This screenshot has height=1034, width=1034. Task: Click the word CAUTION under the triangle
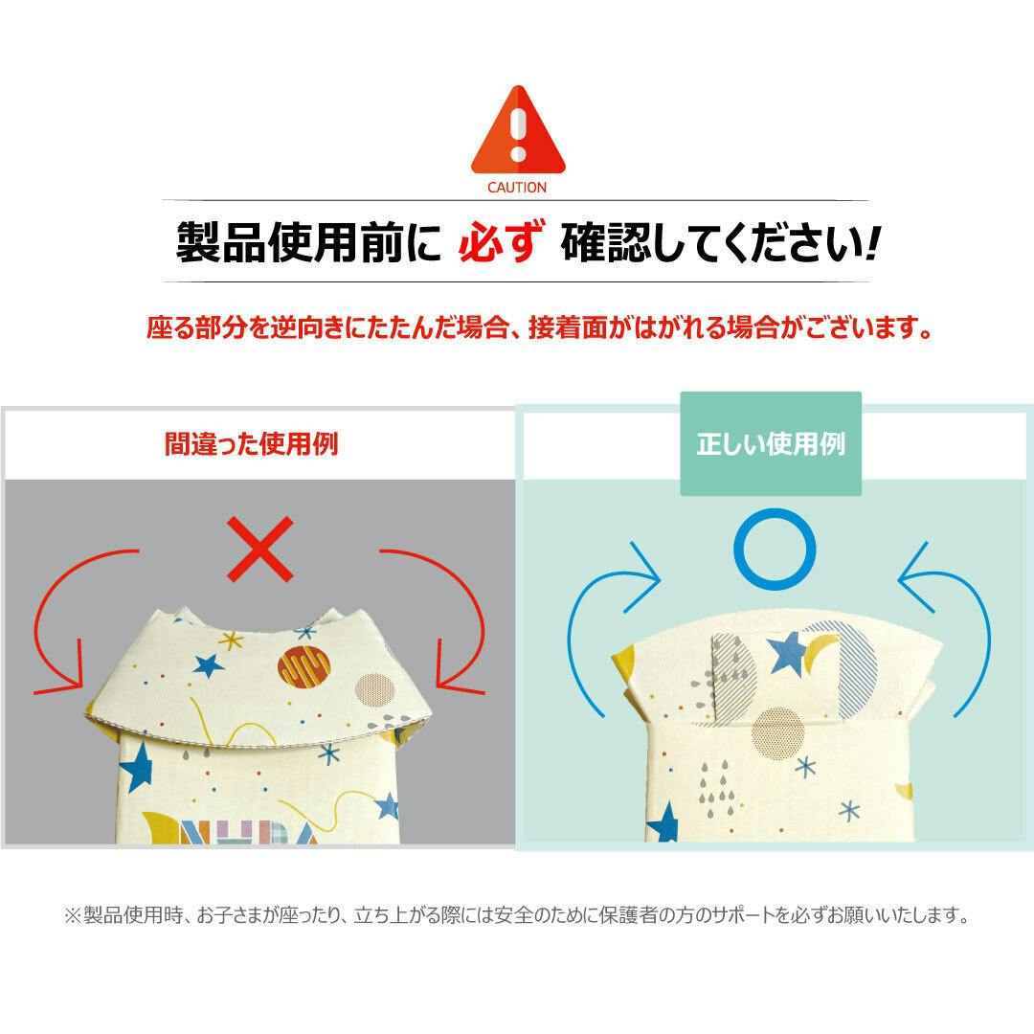point(517,188)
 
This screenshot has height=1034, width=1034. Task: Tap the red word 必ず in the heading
point(501,242)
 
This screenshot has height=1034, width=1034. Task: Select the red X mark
point(259,550)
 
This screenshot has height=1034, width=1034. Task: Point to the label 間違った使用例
point(251,444)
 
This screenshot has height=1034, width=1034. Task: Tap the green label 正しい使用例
point(771,444)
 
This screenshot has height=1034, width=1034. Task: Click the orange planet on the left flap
point(303,666)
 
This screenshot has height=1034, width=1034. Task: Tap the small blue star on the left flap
point(209,666)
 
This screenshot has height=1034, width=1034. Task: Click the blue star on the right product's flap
point(787,653)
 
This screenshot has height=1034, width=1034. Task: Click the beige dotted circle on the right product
point(778,733)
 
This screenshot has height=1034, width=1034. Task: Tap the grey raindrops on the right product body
point(716,786)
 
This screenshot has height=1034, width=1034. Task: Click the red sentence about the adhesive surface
point(539,327)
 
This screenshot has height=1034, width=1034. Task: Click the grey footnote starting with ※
point(517,915)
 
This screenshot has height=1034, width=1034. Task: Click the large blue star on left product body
point(138,766)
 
